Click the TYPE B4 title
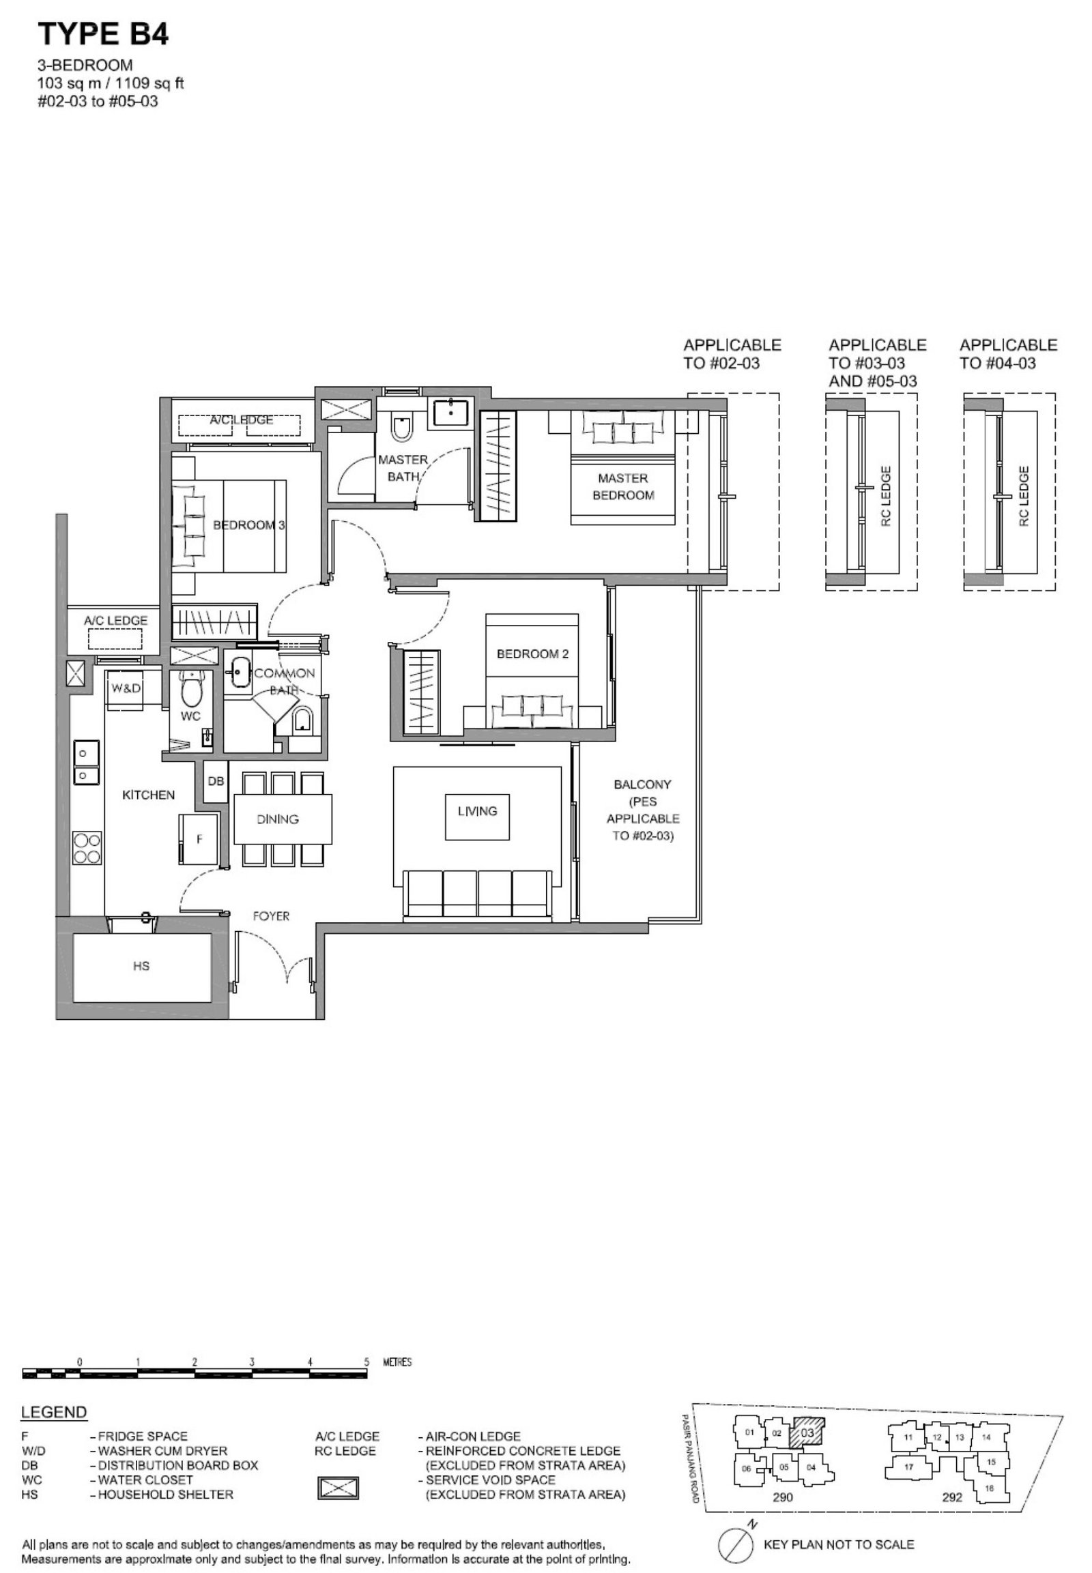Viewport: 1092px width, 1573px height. tap(103, 33)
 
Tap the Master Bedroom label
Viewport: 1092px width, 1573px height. tap(622, 487)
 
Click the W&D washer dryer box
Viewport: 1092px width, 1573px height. tap(126, 689)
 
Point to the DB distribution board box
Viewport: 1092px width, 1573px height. tap(216, 780)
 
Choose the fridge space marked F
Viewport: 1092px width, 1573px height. tap(199, 839)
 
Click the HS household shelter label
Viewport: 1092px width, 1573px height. tap(141, 966)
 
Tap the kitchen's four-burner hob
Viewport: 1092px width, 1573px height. tap(87, 848)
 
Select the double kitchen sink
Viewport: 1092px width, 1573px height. tap(86, 763)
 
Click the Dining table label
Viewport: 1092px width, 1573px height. tap(278, 819)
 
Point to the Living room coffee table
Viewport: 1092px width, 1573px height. tap(477, 817)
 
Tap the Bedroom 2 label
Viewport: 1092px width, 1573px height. tap(532, 653)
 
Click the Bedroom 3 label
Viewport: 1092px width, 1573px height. tap(249, 525)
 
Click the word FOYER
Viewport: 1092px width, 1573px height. tap(271, 915)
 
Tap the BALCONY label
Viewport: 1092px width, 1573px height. tap(642, 784)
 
